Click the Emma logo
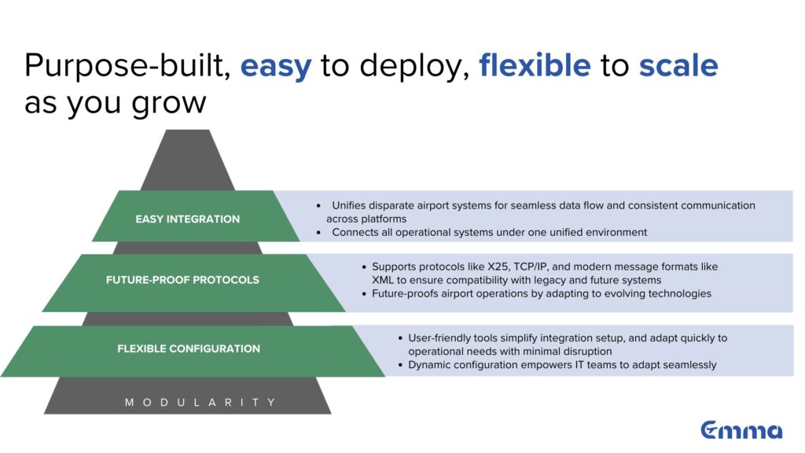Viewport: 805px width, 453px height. click(741, 430)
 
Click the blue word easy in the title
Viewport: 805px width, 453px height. click(276, 67)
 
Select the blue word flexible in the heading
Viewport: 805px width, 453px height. click(535, 65)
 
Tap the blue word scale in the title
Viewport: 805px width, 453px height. click(678, 65)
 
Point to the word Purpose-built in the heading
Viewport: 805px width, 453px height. click(127, 66)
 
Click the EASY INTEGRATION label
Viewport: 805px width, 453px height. click(187, 219)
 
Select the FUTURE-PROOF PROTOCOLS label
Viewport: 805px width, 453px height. click(182, 280)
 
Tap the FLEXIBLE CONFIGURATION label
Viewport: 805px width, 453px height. click(189, 348)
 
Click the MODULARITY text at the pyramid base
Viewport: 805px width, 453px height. click(200, 402)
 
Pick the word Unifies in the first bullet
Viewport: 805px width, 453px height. click(348, 205)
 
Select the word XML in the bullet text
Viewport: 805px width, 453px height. click(383, 280)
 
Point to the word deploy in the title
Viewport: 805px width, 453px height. click(413, 67)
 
